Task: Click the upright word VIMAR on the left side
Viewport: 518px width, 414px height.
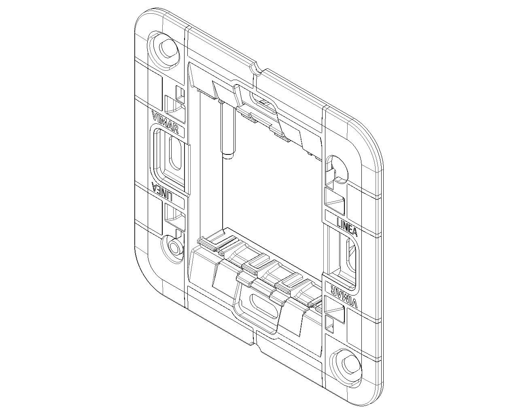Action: [166, 122]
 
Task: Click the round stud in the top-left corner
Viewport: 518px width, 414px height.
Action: [168, 48]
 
